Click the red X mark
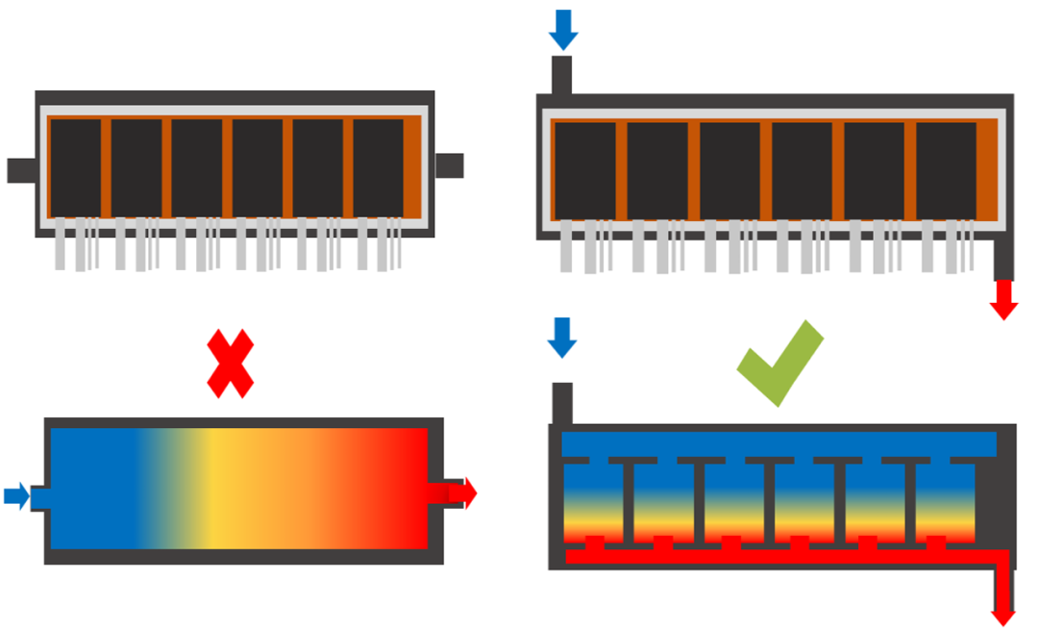231,364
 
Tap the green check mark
780,364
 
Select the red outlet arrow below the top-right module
1003,298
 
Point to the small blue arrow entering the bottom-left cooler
16,496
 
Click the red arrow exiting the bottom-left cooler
461,491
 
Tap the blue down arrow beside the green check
562,338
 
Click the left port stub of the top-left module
21,170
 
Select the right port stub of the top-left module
449,165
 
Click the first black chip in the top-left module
76,168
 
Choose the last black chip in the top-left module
378,168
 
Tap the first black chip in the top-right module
584,171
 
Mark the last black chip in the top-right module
946,171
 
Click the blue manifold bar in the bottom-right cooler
778,443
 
